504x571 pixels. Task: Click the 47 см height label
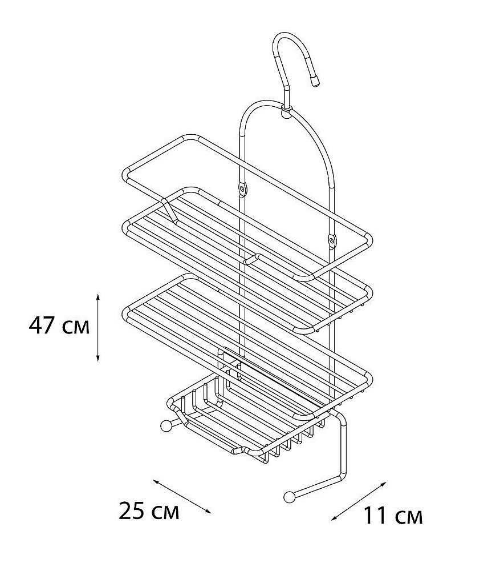pyautogui.click(x=59, y=325)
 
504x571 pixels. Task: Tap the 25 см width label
pyautogui.click(x=149, y=511)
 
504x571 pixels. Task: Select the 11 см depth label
pyautogui.click(x=393, y=516)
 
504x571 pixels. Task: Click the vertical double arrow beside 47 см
pyautogui.click(x=98, y=327)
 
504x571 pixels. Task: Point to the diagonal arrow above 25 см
pyautogui.click(x=182, y=496)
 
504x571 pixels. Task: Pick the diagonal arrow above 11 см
pyautogui.click(x=359, y=501)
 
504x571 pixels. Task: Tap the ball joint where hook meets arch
pyautogui.click(x=286, y=113)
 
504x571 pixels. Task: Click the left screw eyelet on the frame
pyautogui.click(x=242, y=188)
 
